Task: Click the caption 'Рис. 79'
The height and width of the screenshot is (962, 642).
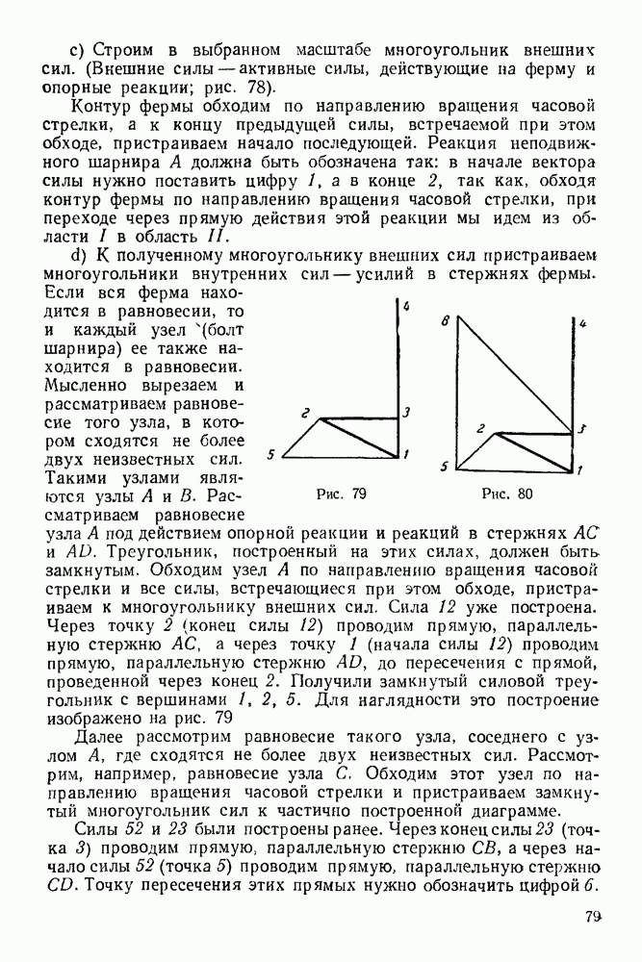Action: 342,494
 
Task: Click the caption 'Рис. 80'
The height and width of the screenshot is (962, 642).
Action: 506,494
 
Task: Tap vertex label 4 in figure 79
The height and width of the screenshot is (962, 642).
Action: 407,307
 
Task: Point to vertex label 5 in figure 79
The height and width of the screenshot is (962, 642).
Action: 272,455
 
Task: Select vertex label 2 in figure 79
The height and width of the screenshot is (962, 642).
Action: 304,415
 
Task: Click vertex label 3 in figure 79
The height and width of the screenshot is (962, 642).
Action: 407,413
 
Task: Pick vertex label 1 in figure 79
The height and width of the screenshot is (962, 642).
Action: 407,454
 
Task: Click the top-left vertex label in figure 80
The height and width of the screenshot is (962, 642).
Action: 445,321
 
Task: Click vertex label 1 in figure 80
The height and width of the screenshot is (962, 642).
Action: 580,470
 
